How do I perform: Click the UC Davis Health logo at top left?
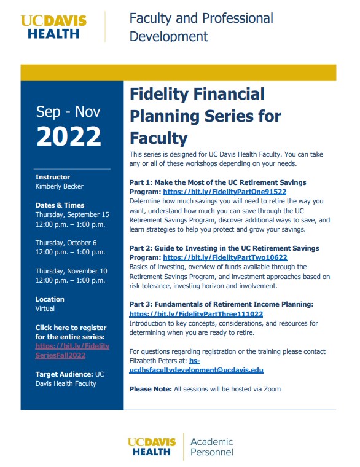[x=53, y=26]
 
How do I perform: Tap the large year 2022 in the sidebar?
[x=68, y=136]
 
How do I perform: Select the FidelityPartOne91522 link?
[x=225, y=192]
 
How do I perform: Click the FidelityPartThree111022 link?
[x=196, y=313]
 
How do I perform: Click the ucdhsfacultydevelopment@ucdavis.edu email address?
[x=196, y=371]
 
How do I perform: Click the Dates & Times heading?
[x=60, y=205]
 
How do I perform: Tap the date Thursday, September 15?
[x=72, y=214]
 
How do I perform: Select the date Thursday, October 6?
[x=66, y=243]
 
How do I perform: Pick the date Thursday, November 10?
[x=71, y=271]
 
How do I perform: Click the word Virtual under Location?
[x=45, y=308]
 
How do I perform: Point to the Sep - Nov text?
[x=68, y=111]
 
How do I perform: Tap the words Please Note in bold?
[x=150, y=389]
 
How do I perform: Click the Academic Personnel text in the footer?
[x=212, y=447]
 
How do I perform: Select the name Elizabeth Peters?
[x=152, y=361]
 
